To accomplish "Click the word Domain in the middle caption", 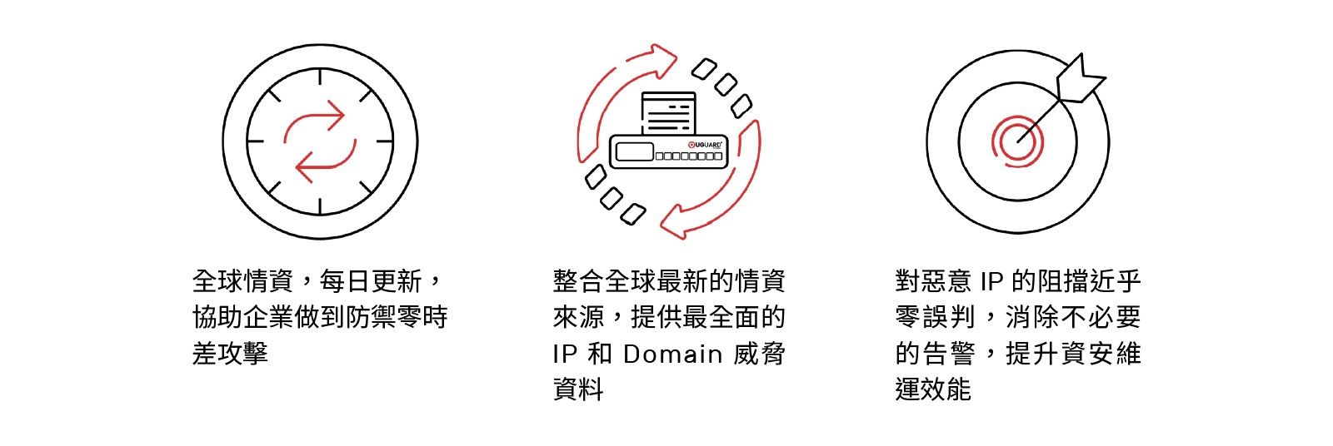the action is pyautogui.click(x=672, y=354).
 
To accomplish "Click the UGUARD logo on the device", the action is pyautogui.click(x=705, y=145).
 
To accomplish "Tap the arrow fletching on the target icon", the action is pyautogui.click(x=1080, y=80).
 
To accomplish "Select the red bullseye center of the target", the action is pyautogui.click(x=1017, y=141).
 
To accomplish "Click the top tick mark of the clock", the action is pyautogui.click(x=320, y=77).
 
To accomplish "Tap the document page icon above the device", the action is pyautogui.click(x=668, y=113).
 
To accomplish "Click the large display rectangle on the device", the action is pyautogui.click(x=634, y=152).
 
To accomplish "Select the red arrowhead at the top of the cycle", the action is pyautogui.click(x=663, y=60).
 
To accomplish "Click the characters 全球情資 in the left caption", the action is pyautogui.click(x=242, y=281).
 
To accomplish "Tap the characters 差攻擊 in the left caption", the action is pyautogui.click(x=230, y=354).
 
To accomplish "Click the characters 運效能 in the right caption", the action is pyautogui.click(x=933, y=389).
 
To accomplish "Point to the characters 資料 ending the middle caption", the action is pyautogui.click(x=578, y=389).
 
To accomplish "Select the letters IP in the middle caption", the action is pyautogui.click(x=565, y=354).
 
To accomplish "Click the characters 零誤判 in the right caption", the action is pyautogui.click(x=934, y=317).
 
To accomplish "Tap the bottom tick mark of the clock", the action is pyautogui.click(x=320, y=206).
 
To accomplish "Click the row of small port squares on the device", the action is pyautogui.click(x=689, y=156).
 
